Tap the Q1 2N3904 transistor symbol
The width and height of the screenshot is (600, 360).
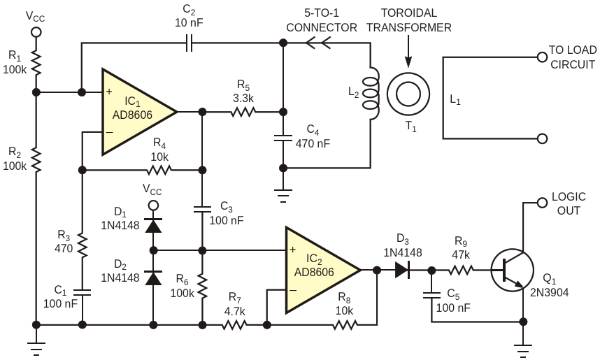click(x=513, y=270)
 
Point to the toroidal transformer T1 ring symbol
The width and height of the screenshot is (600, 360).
click(x=408, y=94)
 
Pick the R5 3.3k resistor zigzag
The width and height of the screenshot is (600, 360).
click(x=243, y=112)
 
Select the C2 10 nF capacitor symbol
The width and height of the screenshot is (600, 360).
click(x=189, y=43)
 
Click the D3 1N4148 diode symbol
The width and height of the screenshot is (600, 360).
click(x=403, y=270)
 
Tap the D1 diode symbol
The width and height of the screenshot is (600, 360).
click(x=153, y=226)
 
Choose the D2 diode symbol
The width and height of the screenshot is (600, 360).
click(x=153, y=278)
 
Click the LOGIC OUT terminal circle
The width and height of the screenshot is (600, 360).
click(x=542, y=203)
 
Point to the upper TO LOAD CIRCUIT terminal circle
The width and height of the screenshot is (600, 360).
click(x=542, y=57)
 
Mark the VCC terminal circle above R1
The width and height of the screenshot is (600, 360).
click(x=36, y=31)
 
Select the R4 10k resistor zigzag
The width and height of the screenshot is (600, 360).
click(x=159, y=170)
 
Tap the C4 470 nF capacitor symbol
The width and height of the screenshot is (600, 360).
click(x=283, y=138)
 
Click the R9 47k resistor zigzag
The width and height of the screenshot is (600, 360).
click(x=461, y=270)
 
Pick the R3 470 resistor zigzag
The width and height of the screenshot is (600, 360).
click(x=82, y=244)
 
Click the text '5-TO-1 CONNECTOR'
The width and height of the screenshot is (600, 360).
click(x=322, y=20)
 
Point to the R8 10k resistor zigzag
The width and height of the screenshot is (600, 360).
click(x=345, y=325)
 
